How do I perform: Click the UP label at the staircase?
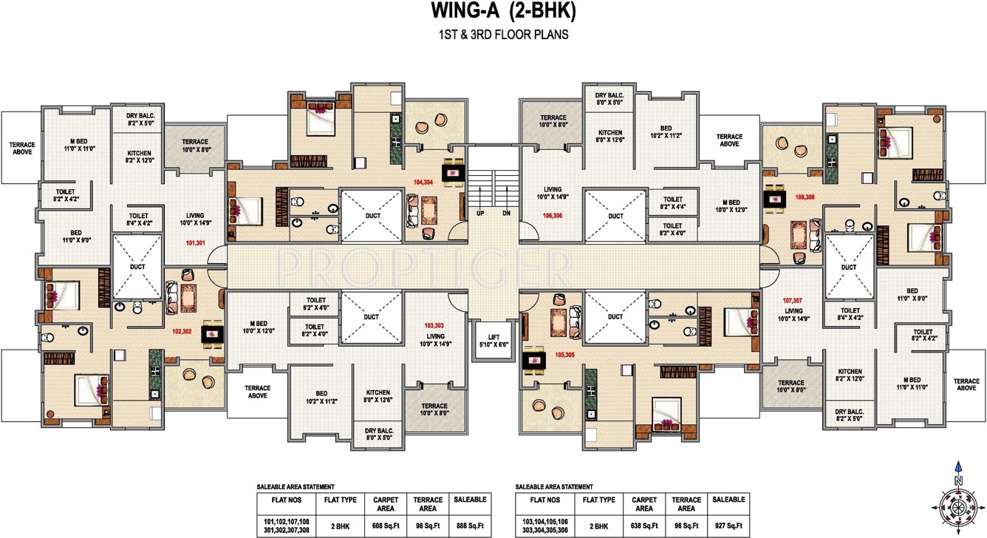(481, 213)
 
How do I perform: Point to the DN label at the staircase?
(506, 213)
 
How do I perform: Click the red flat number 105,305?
(564, 355)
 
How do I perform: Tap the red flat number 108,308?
(805, 197)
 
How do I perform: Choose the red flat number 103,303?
(434, 326)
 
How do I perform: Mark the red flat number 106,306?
(552, 216)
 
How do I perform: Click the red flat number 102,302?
(182, 332)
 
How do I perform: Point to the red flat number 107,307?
(793, 301)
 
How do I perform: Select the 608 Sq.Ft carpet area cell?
(385, 525)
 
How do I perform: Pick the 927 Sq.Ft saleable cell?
(727, 525)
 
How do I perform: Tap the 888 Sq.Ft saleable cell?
(469, 525)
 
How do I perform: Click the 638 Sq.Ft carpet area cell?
(643, 525)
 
